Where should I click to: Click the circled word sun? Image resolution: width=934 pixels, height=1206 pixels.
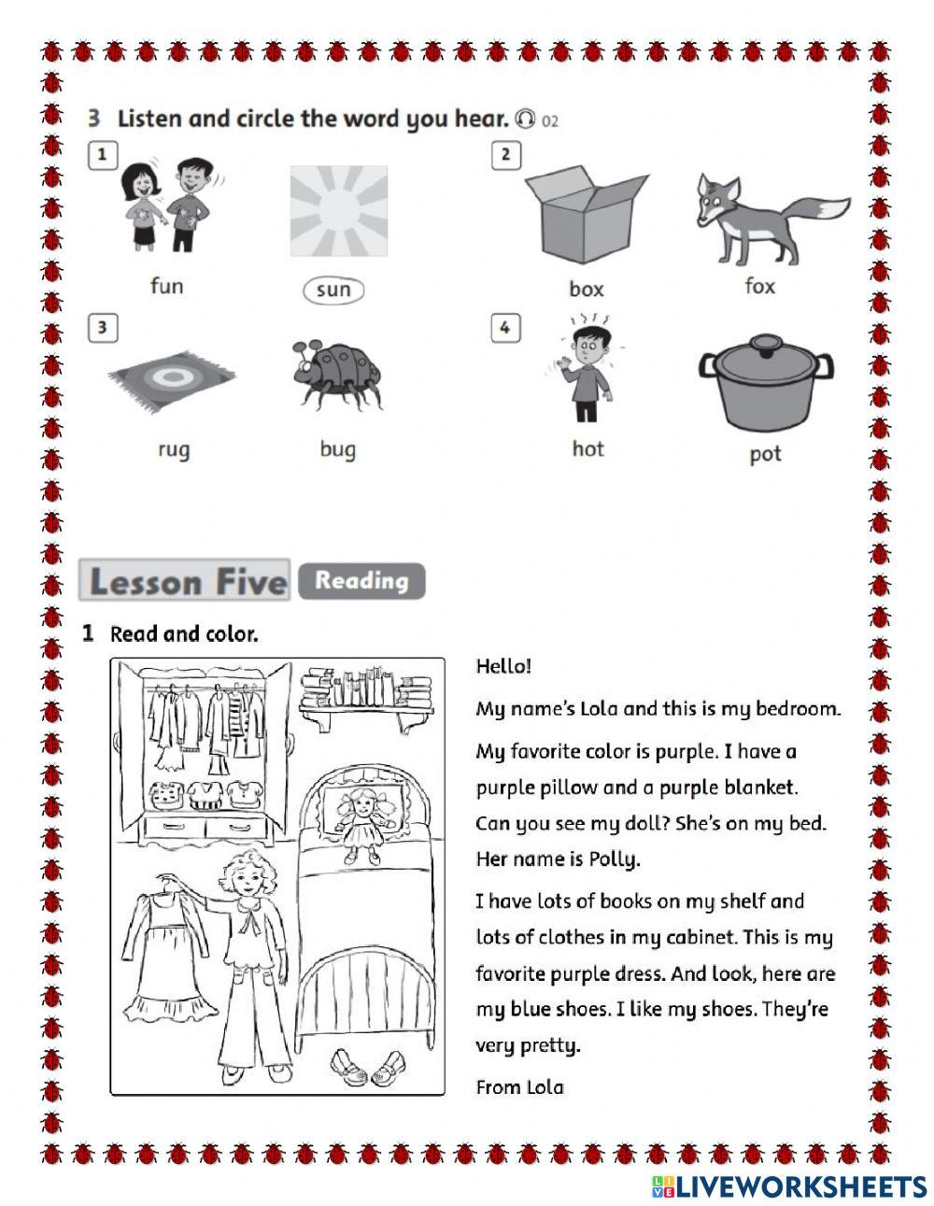pos(333,290)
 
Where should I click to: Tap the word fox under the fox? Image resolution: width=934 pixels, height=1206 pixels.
pos(759,287)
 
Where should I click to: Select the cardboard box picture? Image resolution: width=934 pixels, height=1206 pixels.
pos(587,214)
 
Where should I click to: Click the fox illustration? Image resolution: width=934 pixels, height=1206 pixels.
pos(773,220)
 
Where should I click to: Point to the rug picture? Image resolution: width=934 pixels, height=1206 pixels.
pos(172,381)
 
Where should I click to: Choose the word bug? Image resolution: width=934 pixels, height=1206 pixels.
pos(338,450)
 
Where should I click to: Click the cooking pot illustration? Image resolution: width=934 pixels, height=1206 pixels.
pos(765,382)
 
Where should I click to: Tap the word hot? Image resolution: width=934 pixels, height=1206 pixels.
pos(587,448)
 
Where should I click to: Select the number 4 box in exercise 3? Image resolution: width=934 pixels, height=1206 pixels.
pos(505,328)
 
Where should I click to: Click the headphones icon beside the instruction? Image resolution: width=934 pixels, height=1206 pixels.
pos(525,119)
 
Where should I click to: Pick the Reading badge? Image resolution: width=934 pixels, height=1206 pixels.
pos(361,581)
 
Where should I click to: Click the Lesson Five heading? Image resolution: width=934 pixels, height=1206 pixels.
pos(185,580)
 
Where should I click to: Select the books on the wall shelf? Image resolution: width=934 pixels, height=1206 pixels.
pos(366,688)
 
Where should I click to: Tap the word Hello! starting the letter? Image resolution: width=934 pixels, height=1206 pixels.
pos(503,666)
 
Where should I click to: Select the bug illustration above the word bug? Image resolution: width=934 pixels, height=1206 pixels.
pos(338,376)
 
